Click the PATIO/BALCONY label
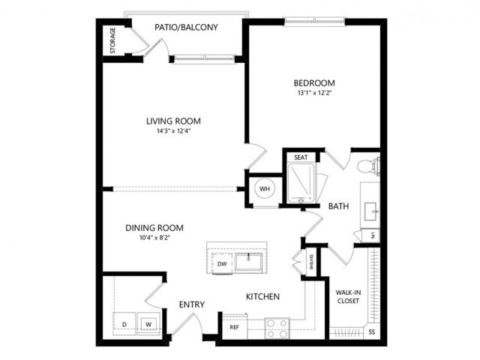186,28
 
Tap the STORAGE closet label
113,41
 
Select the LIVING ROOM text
173,121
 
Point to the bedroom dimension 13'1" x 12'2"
314,94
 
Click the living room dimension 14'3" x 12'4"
173,132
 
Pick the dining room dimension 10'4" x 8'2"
155,238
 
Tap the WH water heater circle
264,188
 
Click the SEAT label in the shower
301,157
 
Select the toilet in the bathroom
367,166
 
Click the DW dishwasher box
222,264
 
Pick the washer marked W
148,324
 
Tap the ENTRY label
192,304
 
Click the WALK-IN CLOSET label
347,296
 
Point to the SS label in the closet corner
372,331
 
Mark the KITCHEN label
262,297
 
